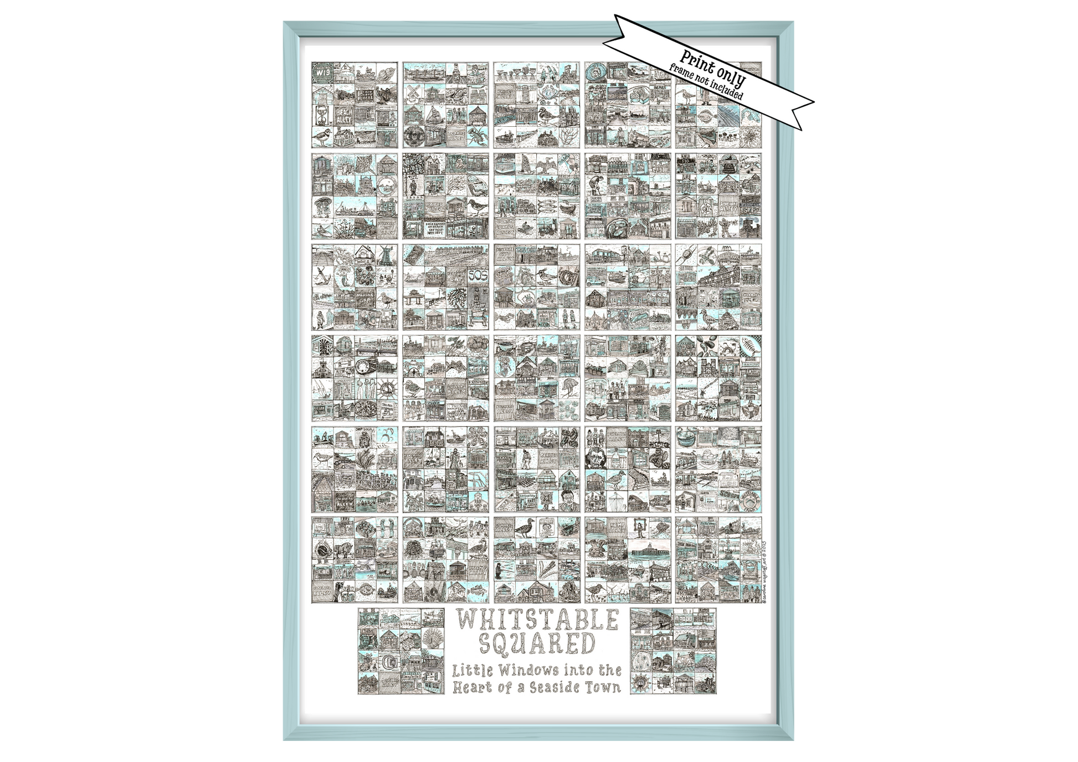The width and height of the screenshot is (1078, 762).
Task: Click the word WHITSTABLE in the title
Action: (x=537, y=620)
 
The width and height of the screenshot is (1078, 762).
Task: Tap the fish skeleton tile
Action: (x=751, y=346)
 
